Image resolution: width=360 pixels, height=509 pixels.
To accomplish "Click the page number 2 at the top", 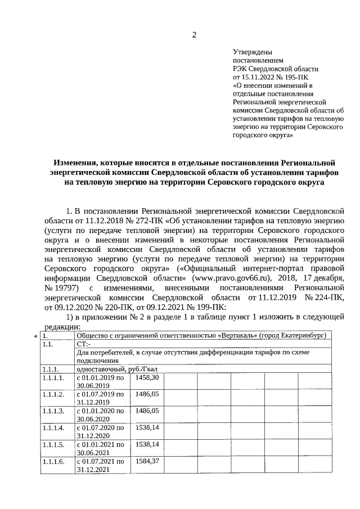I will (194, 35).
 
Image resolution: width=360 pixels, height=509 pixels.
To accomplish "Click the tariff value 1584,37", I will (146, 461).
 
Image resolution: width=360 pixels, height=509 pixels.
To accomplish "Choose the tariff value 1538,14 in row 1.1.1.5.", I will (146, 444).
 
